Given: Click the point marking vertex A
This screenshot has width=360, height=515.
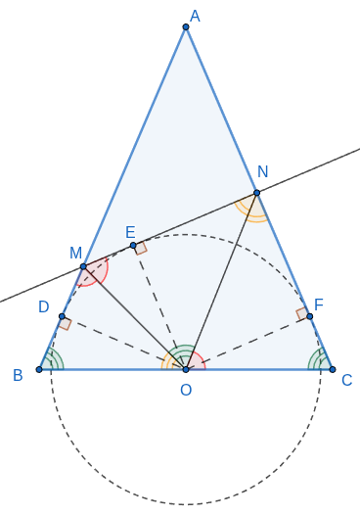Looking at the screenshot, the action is click(x=186, y=27).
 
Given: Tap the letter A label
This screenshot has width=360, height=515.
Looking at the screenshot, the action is click(x=195, y=16).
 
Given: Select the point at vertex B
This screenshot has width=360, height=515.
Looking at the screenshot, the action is click(x=39, y=369).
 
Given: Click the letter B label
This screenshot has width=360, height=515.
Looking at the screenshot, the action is click(x=18, y=375).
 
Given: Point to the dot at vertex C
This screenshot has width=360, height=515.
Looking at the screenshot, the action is click(x=333, y=369).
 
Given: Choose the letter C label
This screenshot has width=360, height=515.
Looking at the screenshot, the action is click(x=347, y=380).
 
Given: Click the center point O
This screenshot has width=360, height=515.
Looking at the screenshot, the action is click(x=186, y=369).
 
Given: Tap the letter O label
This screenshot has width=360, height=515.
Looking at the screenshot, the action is click(x=186, y=391).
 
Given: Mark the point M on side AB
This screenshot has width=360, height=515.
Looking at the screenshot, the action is click(x=83, y=266).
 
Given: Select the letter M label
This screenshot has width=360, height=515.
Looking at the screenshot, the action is click(x=75, y=253).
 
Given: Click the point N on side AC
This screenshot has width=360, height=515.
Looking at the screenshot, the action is click(x=256, y=193).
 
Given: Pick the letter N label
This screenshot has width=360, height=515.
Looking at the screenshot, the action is click(x=262, y=171).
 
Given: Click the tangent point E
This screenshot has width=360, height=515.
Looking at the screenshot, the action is click(x=133, y=246).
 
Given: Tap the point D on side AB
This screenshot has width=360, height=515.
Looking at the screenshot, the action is click(x=62, y=316).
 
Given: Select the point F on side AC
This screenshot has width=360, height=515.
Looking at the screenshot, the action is click(x=309, y=316).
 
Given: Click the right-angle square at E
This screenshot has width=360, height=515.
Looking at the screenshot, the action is click(x=141, y=249).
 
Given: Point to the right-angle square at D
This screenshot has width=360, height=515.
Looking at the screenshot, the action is click(x=66, y=324).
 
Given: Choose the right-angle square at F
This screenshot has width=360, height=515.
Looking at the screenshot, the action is click(x=302, y=314).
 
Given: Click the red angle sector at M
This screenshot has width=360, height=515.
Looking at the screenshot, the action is click(x=95, y=271).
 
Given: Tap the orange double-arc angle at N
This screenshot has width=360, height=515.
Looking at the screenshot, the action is click(x=252, y=209).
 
